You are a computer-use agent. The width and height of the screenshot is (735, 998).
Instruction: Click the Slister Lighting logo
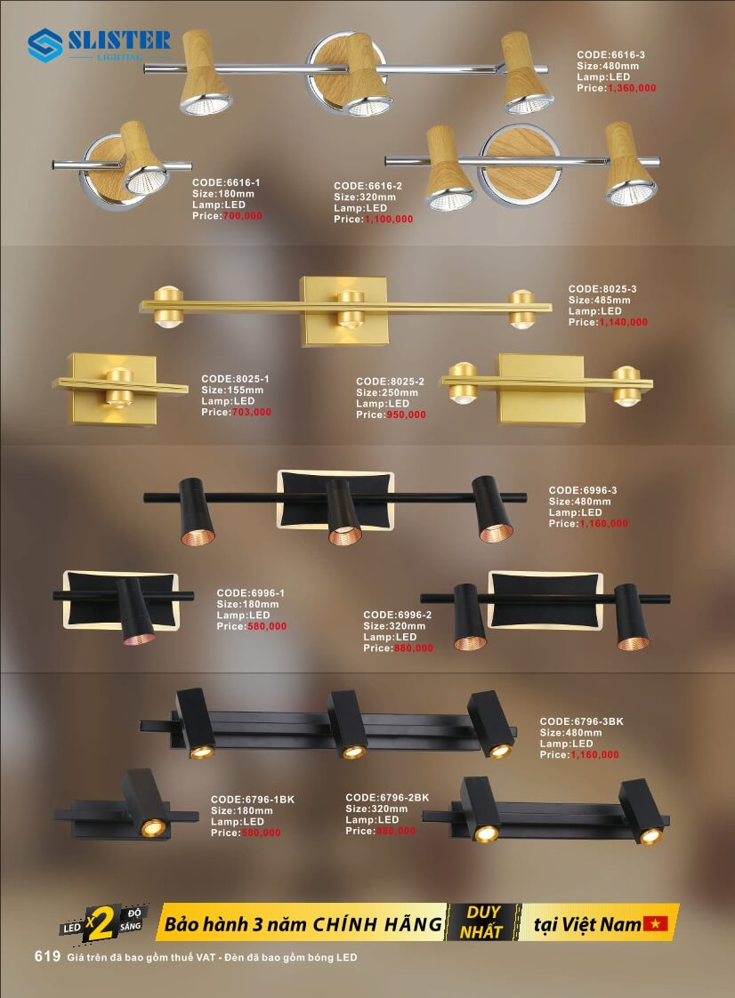pyautogui.click(x=98, y=44)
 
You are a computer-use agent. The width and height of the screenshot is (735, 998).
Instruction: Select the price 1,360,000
pyautogui.click(x=631, y=88)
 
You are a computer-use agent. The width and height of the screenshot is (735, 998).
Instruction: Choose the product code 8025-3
pyautogui.click(x=602, y=289)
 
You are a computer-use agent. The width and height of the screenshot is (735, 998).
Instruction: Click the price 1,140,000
pyautogui.click(x=623, y=322)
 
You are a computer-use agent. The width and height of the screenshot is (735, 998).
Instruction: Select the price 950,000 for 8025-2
pyautogui.click(x=405, y=414)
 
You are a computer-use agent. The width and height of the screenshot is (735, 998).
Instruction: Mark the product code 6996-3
pyautogui.click(x=583, y=490)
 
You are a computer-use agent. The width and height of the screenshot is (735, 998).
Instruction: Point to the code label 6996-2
pyautogui.click(x=398, y=615)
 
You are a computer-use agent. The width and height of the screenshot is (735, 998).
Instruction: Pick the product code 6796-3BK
pyautogui.click(x=582, y=720)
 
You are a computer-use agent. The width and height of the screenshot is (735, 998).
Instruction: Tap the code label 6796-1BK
pyautogui.click(x=252, y=800)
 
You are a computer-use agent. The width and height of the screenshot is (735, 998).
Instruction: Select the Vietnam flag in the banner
pyautogui.click(x=658, y=924)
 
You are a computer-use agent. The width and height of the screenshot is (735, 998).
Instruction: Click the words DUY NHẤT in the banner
pyautogui.click(x=482, y=922)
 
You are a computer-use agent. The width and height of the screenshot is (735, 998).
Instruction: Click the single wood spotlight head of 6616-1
pyautogui.click(x=142, y=160)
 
